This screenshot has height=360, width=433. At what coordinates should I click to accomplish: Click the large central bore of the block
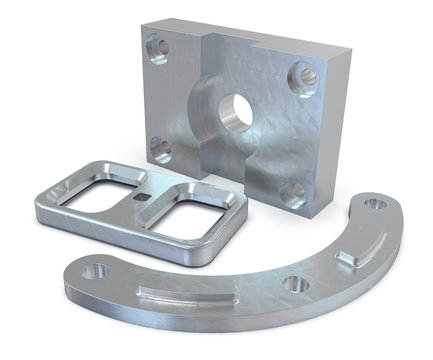[x=236, y=111]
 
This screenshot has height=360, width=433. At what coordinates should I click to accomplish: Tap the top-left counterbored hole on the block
[x=157, y=47]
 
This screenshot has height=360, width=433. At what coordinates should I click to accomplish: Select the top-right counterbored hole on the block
[x=305, y=73]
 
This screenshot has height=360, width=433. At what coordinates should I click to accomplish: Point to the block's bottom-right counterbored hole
[x=293, y=190]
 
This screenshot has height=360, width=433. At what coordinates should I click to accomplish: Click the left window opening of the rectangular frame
[x=97, y=196]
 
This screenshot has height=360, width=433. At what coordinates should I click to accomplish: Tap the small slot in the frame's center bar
[x=147, y=198]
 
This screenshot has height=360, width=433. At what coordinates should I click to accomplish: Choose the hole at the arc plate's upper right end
[x=374, y=204]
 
